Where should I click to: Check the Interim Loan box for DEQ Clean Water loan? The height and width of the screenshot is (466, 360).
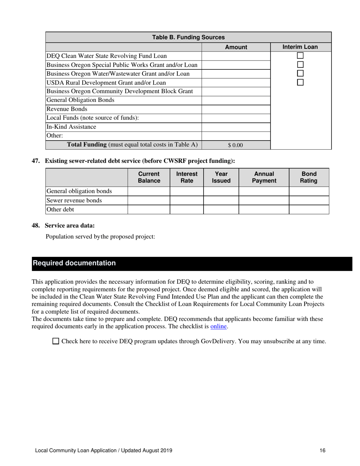(x=301, y=56)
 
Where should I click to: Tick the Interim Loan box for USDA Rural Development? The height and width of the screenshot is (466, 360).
(x=301, y=82)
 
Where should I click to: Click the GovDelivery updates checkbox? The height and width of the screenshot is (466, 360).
(x=56, y=341)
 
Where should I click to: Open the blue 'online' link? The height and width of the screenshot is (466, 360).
(x=219, y=326)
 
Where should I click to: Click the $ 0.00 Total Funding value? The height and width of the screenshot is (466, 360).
(x=235, y=145)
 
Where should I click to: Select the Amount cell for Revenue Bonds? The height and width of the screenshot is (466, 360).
(x=236, y=109)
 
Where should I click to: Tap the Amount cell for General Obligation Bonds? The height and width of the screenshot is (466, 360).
(x=236, y=100)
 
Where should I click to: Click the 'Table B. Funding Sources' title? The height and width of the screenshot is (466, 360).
(x=188, y=38)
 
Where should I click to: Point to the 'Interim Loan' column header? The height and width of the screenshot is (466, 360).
(x=300, y=47)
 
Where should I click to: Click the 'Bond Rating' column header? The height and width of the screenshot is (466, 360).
(x=308, y=177)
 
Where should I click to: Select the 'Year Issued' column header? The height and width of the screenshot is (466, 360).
(x=221, y=177)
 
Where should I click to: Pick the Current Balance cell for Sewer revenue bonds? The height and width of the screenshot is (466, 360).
(x=149, y=200)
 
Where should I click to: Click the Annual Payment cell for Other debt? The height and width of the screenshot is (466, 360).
(x=263, y=210)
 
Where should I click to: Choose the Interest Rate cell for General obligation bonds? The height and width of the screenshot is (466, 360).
(x=186, y=191)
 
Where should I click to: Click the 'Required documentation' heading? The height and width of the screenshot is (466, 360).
(x=74, y=263)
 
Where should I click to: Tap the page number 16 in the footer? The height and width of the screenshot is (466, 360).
(x=322, y=450)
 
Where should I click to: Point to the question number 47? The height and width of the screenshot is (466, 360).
(x=36, y=161)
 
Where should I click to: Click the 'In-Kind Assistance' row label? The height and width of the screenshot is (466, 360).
(x=71, y=127)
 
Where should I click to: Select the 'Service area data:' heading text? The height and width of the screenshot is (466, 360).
(x=69, y=226)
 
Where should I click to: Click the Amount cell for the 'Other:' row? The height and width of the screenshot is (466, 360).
(x=236, y=136)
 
